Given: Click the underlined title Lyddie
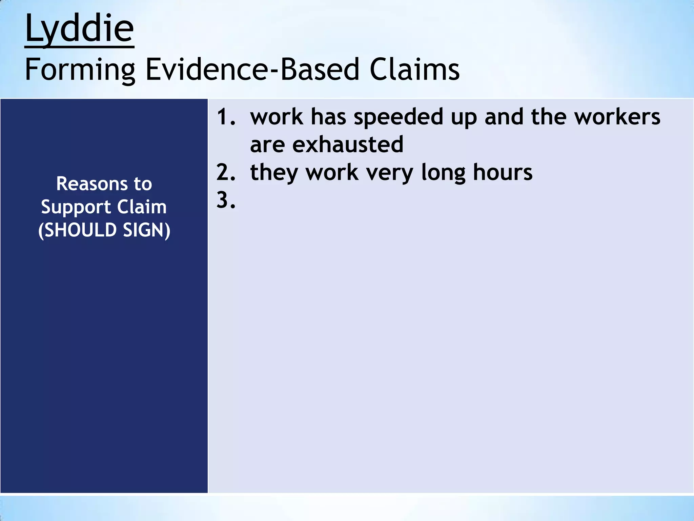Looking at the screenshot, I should pyautogui.click(x=79, y=28).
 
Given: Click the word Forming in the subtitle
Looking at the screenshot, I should pyautogui.click(x=80, y=70).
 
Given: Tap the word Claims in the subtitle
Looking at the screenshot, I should pyautogui.click(x=414, y=70).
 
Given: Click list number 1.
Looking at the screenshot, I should pyautogui.click(x=225, y=117).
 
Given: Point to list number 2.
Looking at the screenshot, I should pyautogui.click(x=225, y=172).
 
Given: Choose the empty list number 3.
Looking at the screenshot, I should pyautogui.click(x=225, y=200).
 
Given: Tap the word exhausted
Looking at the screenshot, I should pyautogui.click(x=348, y=144).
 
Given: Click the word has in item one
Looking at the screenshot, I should pyautogui.click(x=328, y=117).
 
